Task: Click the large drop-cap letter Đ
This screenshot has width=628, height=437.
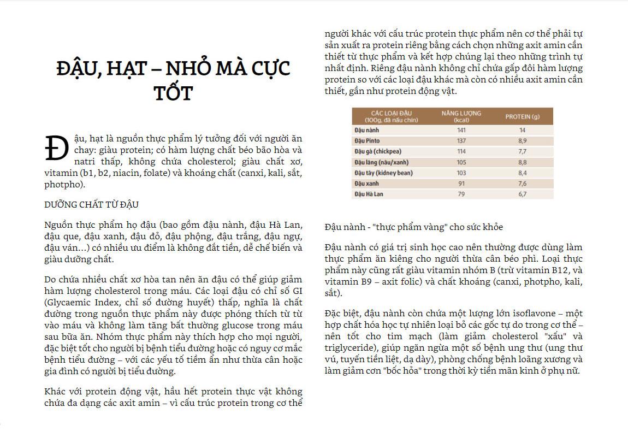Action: tap(56, 149)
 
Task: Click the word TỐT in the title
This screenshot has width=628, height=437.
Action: tap(173, 93)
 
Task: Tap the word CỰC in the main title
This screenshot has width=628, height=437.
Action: tap(266, 69)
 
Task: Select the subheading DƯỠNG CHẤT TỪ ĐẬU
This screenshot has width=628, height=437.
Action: tap(92, 205)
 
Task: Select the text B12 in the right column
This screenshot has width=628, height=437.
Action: tap(556, 270)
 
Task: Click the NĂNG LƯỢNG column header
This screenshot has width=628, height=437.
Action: tap(461, 116)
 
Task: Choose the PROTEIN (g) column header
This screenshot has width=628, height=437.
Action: tap(522, 116)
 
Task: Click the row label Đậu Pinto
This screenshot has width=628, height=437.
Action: tap(367, 141)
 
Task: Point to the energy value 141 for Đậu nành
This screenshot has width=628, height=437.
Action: tap(461, 131)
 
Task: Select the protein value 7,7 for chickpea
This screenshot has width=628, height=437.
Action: tap(522, 152)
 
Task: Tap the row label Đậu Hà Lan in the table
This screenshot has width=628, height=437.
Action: tap(369, 194)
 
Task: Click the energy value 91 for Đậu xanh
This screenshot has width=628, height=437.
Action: tap(461, 184)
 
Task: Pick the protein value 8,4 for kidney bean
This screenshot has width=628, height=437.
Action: tap(522, 173)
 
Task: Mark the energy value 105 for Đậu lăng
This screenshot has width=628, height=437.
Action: tap(461, 162)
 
